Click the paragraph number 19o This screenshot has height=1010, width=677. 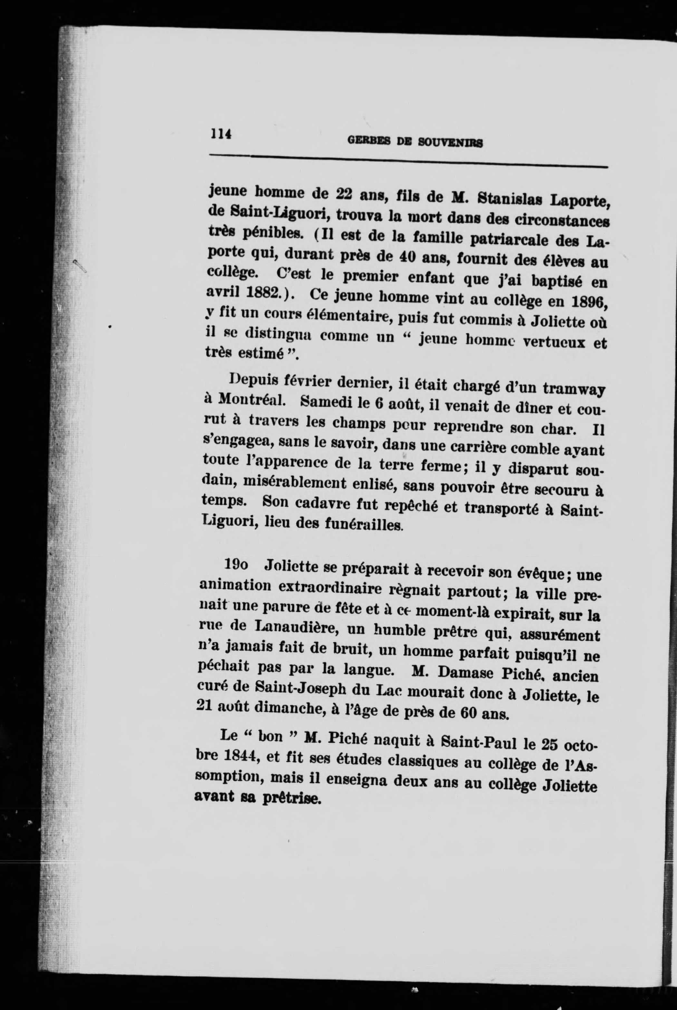236,565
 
